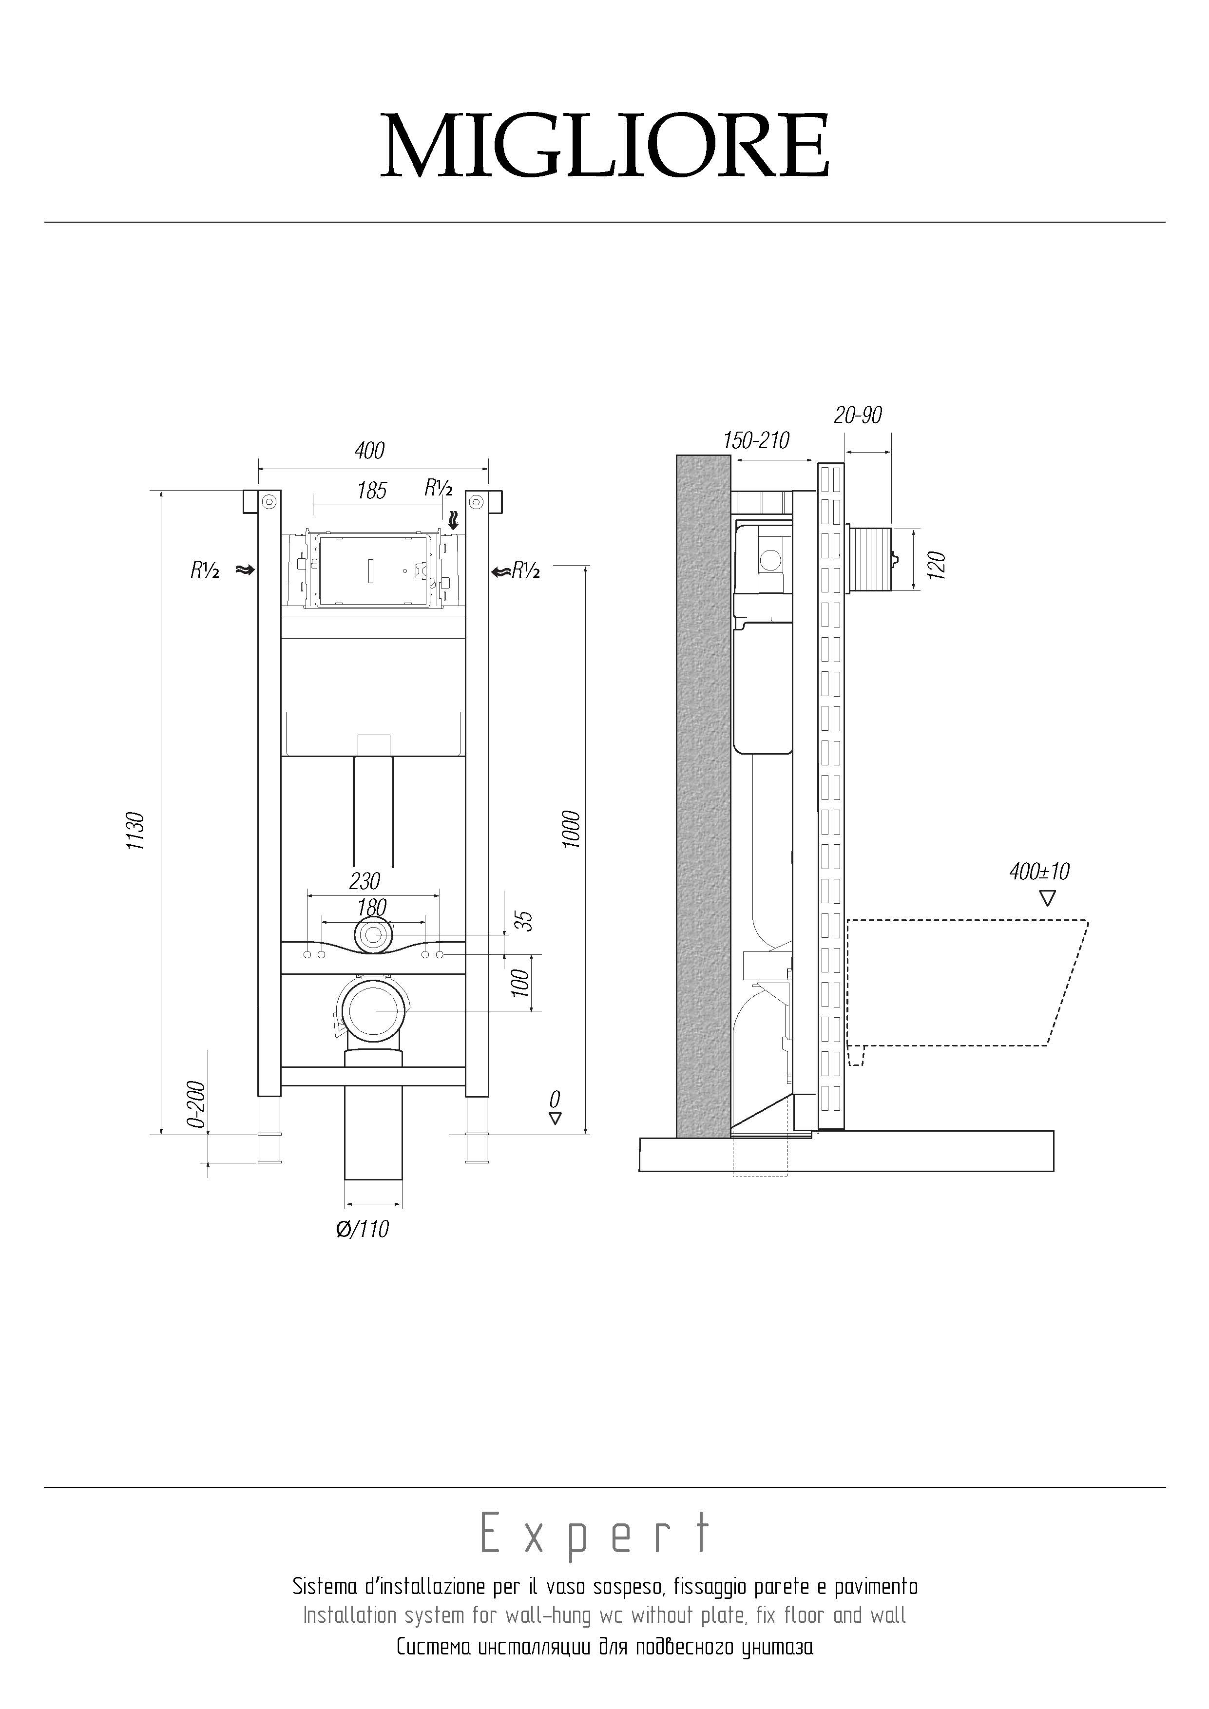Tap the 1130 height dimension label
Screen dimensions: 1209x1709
(x=135, y=832)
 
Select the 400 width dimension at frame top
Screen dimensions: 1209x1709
(x=369, y=450)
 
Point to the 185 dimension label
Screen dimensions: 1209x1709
(x=371, y=491)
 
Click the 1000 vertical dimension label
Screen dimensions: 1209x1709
(x=571, y=829)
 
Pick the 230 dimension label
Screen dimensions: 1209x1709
(x=365, y=881)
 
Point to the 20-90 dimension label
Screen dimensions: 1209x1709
(x=858, y=415)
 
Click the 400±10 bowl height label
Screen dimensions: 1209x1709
(x=1039, y=871)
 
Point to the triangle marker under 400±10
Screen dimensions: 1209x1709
(x=1047, y=898)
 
